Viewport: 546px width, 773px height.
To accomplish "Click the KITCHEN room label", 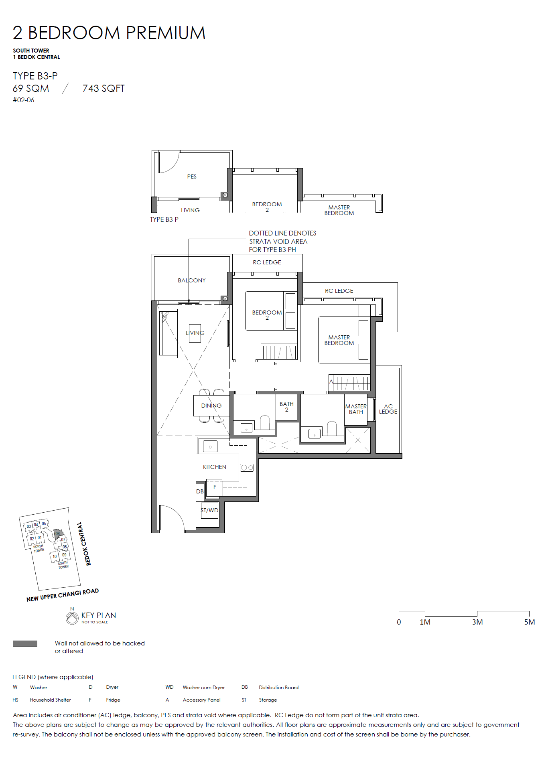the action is (215, 467).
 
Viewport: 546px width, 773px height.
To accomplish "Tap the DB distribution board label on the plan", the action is (200, 491).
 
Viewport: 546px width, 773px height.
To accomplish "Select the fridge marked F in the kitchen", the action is (214, 487).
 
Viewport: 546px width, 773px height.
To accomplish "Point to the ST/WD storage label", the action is (209, 510).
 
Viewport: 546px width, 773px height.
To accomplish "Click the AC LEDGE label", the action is (388, 409).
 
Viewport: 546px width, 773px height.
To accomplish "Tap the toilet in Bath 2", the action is (265, 423).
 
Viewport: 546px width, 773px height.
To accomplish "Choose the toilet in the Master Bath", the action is (332, 428).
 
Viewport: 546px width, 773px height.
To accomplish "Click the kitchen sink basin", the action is (210, 446).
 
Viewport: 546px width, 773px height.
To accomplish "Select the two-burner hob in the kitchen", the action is (247, 467).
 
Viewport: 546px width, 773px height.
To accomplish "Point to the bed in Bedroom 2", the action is (271, 311).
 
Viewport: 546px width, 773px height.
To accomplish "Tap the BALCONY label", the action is (192, 280).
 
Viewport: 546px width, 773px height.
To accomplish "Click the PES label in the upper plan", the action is (192, 177).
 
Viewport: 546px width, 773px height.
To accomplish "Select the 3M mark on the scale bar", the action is (477, 622).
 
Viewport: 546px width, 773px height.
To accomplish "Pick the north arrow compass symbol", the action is (72, 617).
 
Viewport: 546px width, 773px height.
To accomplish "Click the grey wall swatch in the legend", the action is (25, 644).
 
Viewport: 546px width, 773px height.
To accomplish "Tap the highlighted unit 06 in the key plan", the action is (58, 534).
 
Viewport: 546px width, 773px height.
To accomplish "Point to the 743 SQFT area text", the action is (104, 89).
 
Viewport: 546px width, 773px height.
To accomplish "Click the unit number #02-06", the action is (23, 100).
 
